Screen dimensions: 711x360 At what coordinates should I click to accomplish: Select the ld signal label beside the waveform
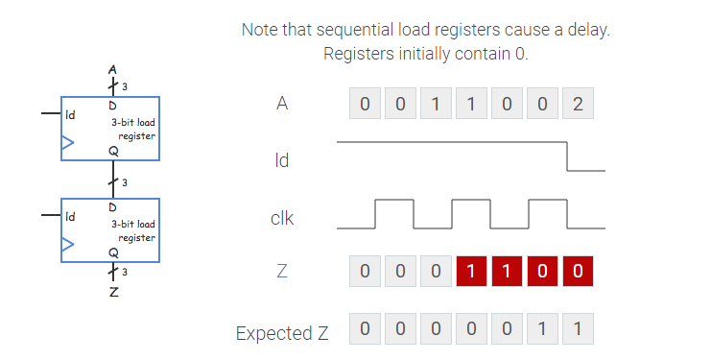(281, 160)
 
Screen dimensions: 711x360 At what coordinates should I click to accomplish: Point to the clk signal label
(282, 218)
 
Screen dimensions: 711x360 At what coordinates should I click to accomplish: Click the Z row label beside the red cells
(281, 272)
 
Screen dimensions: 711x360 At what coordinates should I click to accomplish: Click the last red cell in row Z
(577, 272)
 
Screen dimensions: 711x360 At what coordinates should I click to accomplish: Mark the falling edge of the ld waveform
(568, 156)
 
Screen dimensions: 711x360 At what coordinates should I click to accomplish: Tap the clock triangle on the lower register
(67, 245)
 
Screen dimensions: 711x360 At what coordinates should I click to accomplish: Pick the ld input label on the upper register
(70, 114)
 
